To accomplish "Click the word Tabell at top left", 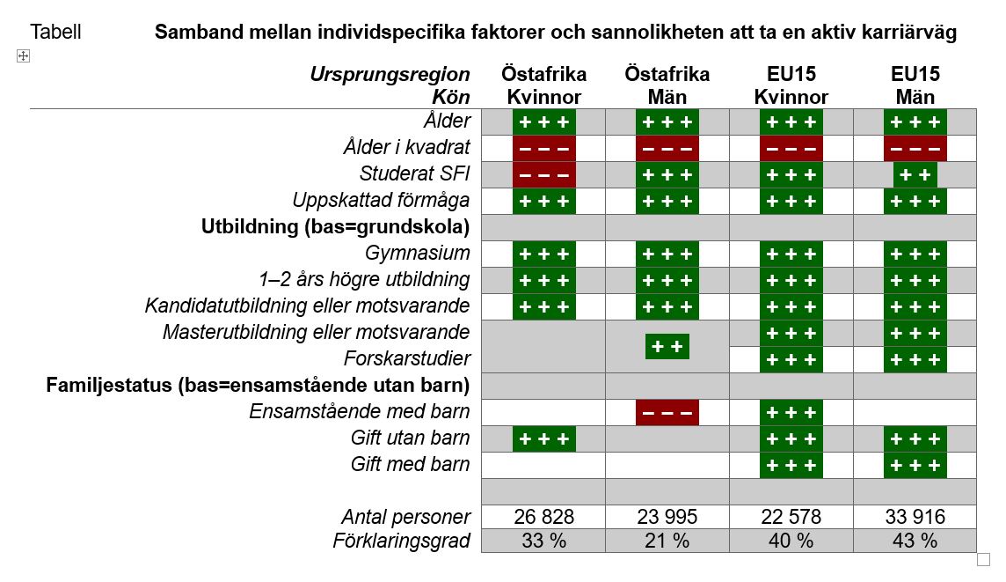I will click(55, 33).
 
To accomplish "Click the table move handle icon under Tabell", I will click(24, 56).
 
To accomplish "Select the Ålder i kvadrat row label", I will click(407, 148).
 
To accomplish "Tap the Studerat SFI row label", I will click(415, 174).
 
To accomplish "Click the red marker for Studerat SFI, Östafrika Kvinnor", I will click(543, 174).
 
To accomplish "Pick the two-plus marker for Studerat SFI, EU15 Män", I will click(915, 174).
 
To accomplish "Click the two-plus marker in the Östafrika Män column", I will click(667, 346).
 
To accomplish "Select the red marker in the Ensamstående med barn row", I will click(667, 412).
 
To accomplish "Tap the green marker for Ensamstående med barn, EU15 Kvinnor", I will click(791, 412).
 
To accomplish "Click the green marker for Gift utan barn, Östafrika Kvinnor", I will click(543, 438).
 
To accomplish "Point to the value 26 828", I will click(543, 517).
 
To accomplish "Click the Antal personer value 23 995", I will click(667, 517).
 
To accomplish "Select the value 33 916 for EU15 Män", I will click(915, 517).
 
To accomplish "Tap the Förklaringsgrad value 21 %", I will click(667, 541).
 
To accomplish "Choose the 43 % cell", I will click(915, 541).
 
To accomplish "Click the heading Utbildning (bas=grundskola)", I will click(336, 227).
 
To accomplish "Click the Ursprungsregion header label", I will click(390, 74).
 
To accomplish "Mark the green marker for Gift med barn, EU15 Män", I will click(915, 465).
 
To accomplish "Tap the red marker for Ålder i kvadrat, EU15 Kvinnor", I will click(791, 148).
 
